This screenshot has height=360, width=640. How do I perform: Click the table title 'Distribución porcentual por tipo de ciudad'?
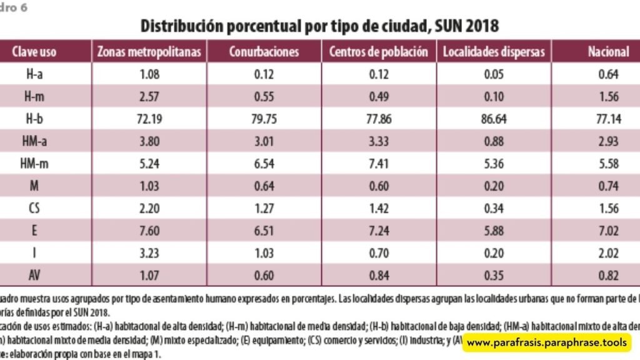coord(319,26)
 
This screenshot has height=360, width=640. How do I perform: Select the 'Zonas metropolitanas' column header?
coord(149,52)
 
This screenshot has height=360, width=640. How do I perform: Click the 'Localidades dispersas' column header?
coord(494,52)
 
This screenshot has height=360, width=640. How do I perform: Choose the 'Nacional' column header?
coord(608,52)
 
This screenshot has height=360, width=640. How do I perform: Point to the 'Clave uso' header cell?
coord(34,52)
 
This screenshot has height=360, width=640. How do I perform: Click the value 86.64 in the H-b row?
coord(494,119)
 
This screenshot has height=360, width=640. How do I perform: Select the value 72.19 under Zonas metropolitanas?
coord(149,119)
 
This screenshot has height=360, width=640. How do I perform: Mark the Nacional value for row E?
coord(608,231)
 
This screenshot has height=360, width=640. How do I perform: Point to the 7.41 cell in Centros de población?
coord(379,164)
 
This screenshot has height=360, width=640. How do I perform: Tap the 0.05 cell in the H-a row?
coord(494,75)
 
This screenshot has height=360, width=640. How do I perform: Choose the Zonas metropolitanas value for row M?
coord(149,186)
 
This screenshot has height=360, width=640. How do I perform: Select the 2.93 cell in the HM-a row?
coord(608,142)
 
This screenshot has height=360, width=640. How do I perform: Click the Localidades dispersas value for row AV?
coord(494,276)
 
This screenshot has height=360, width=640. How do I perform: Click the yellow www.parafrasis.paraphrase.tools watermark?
coord(546,342)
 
